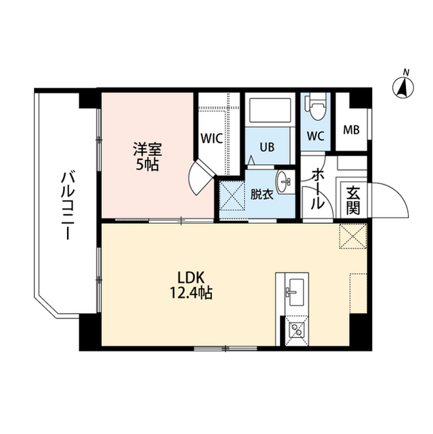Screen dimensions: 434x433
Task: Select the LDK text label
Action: tap(192, 277)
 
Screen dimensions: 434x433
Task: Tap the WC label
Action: tap(315, 135)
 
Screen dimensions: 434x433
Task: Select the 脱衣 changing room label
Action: tap(261, 194)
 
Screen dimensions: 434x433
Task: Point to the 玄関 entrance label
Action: tap(353, 201)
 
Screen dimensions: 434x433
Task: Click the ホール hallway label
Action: tap(316, 189)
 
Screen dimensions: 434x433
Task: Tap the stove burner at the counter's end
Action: tap(295, 332)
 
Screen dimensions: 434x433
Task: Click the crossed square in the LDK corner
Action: tap(352, 235)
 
